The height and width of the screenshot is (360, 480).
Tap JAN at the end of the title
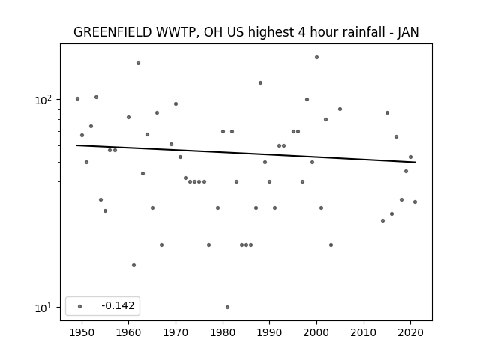[x=408, y=32]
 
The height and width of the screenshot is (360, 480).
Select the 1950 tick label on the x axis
[x=82, y=332]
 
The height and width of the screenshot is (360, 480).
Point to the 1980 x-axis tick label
[x=223, y=332]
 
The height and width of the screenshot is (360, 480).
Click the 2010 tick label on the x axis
[x=364, y=332]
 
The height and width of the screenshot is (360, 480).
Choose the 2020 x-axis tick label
[x=410, y=332]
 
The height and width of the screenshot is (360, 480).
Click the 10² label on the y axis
[x=43, y=100]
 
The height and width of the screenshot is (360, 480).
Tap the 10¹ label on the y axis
[x=43, y=307]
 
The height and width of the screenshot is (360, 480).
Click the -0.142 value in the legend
[x=118, y=305]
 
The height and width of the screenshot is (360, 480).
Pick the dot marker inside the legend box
[x=80, y=306]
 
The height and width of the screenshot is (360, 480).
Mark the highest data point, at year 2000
[x=316, y=57]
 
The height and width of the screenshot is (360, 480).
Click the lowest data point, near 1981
[x=227, y=307]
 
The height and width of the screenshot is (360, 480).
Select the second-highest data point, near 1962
[x=138, y=62]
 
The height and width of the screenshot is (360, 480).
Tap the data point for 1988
[x=260, y=82]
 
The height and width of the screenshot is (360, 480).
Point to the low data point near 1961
[x=133, y=265]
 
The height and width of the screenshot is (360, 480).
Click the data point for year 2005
[x=340, y=109]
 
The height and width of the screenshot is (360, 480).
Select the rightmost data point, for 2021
[x=415, y=202]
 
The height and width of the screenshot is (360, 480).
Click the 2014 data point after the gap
[x=382, y=220]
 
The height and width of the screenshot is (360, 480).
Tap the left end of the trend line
[x=76, y=145]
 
